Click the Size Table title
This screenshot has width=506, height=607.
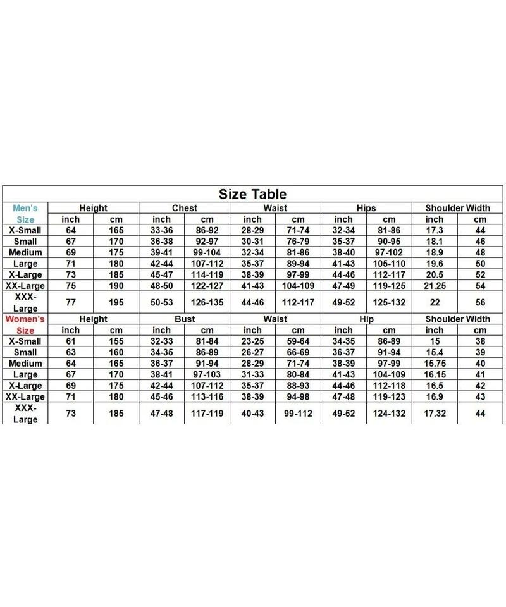(252, 194)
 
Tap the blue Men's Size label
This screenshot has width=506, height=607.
(25, 213)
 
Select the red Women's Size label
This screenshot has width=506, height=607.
(25, 325)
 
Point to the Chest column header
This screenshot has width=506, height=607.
(184, 207)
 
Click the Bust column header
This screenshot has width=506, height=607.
(184, 319)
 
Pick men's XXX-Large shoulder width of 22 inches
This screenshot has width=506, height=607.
(435, 302)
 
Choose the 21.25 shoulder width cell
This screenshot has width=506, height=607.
(435, 285)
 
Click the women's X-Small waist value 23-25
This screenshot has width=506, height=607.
(252, 341)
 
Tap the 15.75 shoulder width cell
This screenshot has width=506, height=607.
(435, 364)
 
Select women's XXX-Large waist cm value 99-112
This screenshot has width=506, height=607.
(298, 414)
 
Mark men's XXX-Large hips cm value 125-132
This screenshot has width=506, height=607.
(389, 302)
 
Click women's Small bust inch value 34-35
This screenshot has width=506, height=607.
(161, 352)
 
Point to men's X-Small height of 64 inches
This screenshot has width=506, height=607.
(71, 230)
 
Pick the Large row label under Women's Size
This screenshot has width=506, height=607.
(25, 374)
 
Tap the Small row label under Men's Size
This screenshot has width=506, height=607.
(25, 241)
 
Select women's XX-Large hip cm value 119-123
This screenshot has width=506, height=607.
(389, 397)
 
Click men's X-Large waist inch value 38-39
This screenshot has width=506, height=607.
(252, 274)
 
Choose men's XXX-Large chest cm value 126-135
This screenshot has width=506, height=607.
(207, 302)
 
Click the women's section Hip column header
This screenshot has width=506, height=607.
(366, 319)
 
